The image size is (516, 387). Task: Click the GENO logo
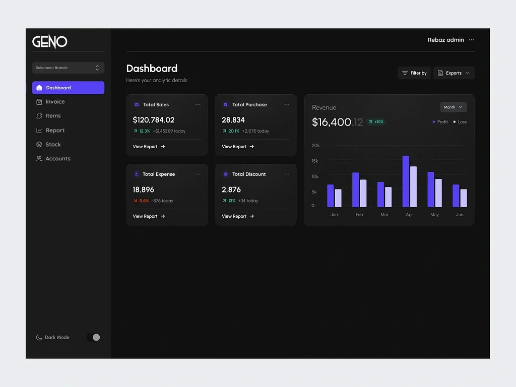coord(49,41)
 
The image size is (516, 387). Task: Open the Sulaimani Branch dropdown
coord(68,68)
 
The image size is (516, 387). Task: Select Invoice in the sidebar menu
coord(55,102)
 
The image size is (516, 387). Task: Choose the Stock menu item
coord(53,145)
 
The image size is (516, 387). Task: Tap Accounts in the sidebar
coord(57,159)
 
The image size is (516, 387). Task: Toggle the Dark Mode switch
coord(94,337)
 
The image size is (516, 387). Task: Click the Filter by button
coord(414,73)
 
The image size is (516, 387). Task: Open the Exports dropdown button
coord(454,73)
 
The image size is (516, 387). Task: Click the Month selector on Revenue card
coord(453,107)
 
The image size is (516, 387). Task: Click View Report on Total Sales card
coord(149,147)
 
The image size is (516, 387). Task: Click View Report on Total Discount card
coord(238,216)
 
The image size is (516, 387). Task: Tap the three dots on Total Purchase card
coord(287,105)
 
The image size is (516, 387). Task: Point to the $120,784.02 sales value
coord(154,120)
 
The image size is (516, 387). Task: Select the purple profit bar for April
coord(406,181)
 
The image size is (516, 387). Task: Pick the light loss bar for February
coord(363,193)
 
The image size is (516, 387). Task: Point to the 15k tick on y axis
coord(315,161)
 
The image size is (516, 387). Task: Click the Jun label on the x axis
coord(459,215)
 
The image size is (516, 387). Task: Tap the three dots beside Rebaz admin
coord(471,40)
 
